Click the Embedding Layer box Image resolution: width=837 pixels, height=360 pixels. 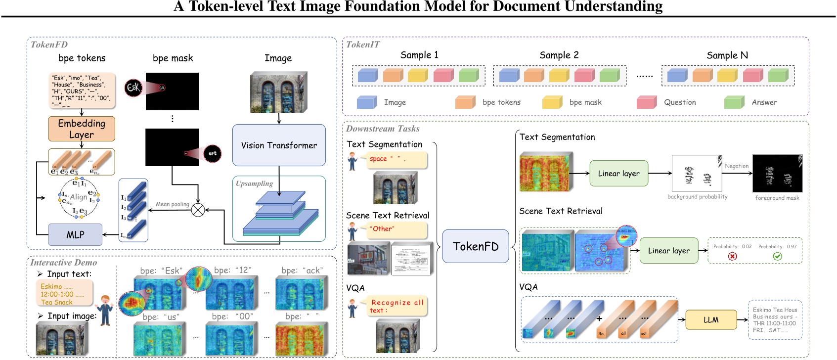[x=82, y=129]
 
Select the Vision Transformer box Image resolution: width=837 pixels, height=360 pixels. [x=279, y=145]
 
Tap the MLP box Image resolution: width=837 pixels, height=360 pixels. [x=75, y=234]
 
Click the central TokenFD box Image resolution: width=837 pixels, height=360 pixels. [x=475, y=246]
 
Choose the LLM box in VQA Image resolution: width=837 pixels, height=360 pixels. [x=710, y=320]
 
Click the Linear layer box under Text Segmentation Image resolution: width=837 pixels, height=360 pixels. [x=618, y=173]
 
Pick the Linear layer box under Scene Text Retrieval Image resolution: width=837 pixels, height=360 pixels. [x=668, y=251]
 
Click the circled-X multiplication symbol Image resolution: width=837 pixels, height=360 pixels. [x=198, y=210]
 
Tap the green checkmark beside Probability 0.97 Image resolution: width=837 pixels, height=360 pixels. [x=777, y=256]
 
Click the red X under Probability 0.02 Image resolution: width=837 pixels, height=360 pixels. [x=732, y=256]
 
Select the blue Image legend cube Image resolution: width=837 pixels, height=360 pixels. [x=367, y=102]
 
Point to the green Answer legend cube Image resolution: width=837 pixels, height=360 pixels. [x=734, y=102]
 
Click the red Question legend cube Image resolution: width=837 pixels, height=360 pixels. [x=647, y=102]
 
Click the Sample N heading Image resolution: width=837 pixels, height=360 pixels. [x=727, y=55]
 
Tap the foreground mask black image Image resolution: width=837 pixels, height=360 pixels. [x=777, y=174]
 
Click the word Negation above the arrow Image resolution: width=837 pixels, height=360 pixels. [x=737, y=166]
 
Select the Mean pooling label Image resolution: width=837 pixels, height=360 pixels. [x=173, y=204]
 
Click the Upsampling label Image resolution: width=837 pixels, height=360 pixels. [x=254, y=183]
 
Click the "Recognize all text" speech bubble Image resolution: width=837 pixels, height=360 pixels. [x=396, y=306]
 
